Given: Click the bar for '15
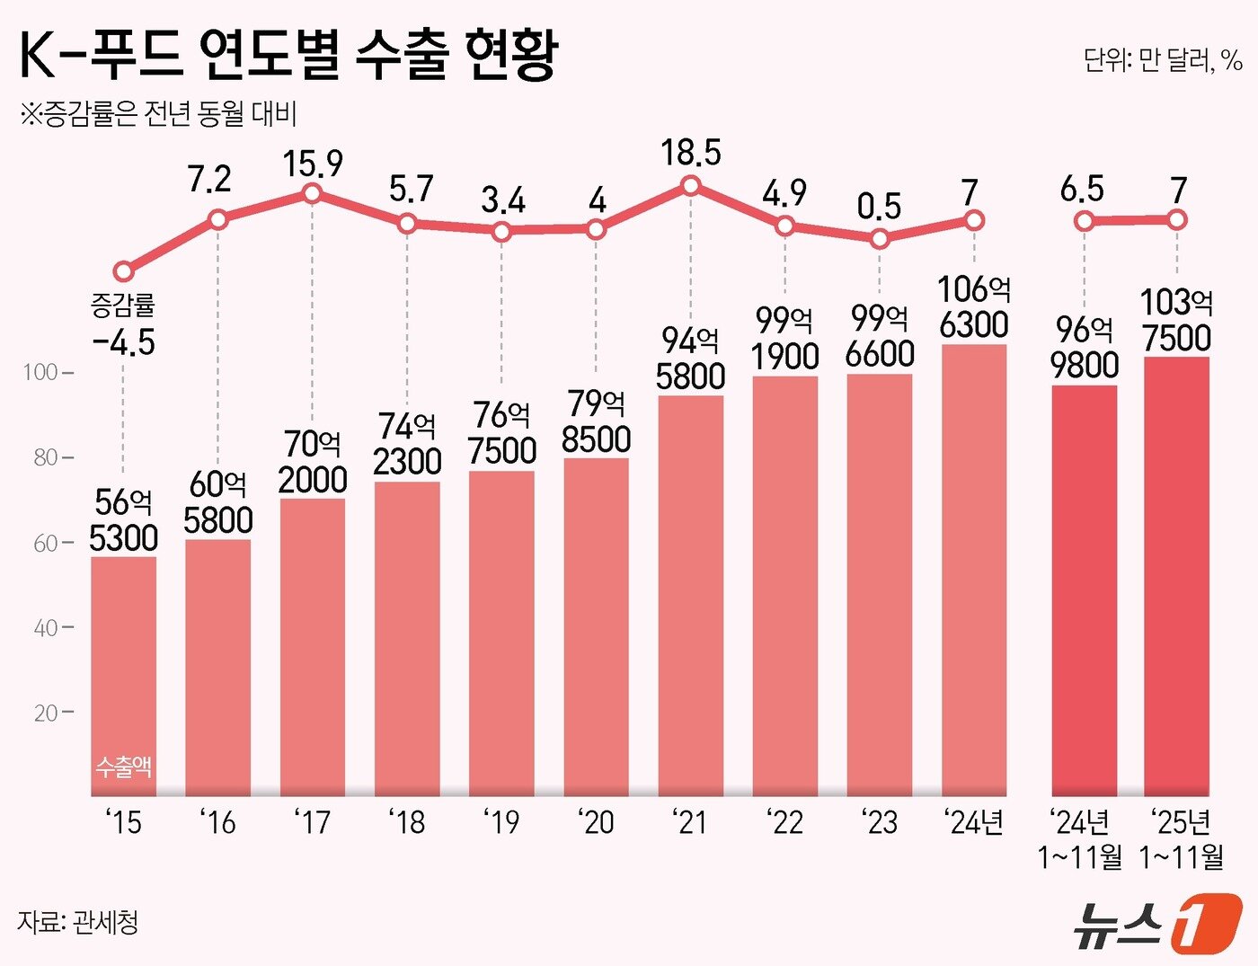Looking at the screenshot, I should [x=123, y=674].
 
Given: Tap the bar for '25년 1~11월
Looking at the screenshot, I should [x=1176, y=575].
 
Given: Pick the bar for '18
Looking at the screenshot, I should [x=407, y=638].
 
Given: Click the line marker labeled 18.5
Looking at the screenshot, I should [x=691, y=186].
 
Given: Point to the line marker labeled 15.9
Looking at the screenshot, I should [x=313, y=193].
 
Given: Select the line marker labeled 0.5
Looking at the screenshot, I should [x=880, y=239].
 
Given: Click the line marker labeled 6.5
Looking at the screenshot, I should [x=1085, y=221].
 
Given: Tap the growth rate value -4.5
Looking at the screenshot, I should [x=123, y=342].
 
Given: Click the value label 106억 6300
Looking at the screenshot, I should [x=974, y=307].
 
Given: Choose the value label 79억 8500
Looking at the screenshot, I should [x=596, y=421].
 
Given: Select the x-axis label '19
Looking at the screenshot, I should [x=501, y=821].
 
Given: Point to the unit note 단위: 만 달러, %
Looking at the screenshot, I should [x=1162, y=60].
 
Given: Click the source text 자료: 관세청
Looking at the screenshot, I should [x=78, y=922].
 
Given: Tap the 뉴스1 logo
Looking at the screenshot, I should [x=1156, y=923].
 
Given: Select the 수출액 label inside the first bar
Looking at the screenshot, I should [x=123, y=767].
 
